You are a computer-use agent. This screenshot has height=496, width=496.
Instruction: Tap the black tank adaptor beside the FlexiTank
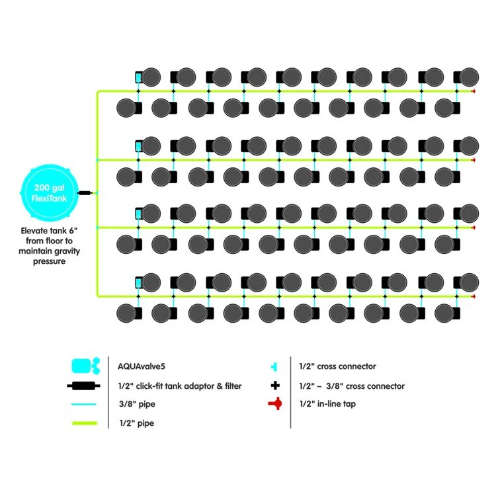85,193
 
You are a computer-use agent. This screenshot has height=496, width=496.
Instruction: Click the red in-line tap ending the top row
474,91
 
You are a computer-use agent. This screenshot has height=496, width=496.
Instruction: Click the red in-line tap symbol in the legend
274,403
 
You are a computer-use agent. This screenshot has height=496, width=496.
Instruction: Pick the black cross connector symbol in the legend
274,386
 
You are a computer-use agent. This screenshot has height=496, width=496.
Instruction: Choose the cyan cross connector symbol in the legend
274,366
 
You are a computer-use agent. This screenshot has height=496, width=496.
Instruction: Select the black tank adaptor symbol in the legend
84,386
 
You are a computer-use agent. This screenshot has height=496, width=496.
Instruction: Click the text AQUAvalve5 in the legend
138,366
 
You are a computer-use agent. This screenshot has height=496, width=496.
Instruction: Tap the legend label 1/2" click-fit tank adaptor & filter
179,386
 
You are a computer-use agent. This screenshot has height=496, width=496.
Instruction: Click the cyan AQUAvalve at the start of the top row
139,77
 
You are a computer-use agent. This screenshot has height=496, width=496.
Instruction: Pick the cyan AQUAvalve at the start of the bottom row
139,282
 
